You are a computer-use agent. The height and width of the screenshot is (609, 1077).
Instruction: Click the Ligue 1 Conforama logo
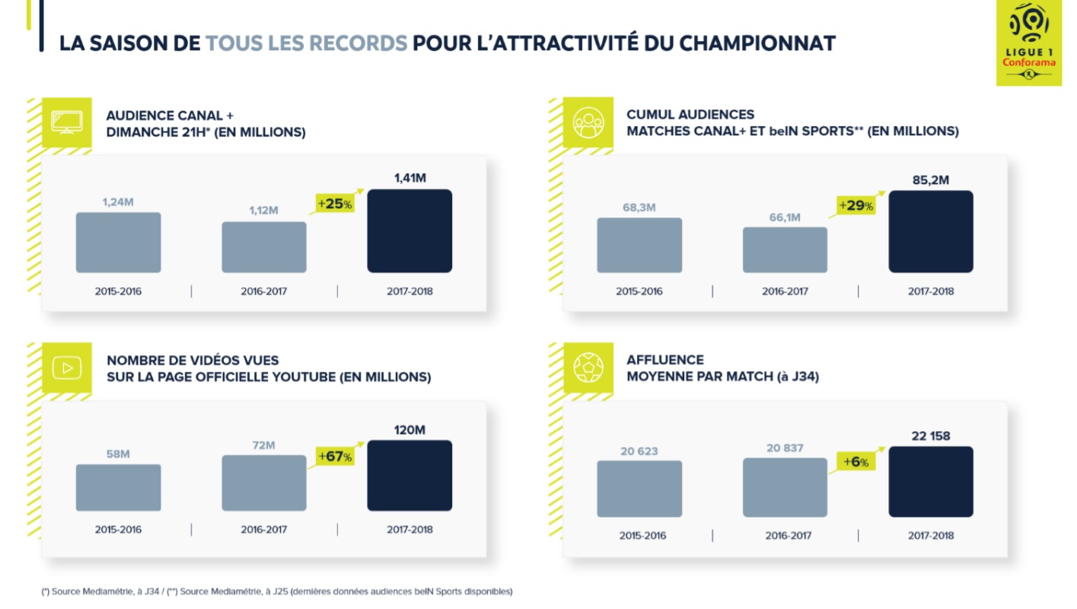coord(1029,43)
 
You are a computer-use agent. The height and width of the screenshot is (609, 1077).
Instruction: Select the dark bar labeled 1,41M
coord(409,231)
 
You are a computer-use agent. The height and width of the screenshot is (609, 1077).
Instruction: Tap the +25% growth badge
coord(336,204)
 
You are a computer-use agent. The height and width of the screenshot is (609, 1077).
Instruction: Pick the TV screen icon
coord(67,122)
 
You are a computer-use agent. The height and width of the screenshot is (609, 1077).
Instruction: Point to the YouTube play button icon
coord(67,368)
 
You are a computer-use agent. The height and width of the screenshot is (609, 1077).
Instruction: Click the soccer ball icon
coord(588,368)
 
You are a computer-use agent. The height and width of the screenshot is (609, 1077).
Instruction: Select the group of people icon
coord(588,122)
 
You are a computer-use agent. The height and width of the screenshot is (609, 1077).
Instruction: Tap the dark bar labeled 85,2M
coord(930,231)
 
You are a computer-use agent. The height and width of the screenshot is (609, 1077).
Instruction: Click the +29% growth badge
coord(856,205)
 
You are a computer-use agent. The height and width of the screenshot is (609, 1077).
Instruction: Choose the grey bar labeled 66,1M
coord(785,249)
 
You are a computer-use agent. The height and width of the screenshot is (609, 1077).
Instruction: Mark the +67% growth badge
coord(336,456)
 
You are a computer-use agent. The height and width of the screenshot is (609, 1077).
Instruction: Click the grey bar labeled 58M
coord(118,487)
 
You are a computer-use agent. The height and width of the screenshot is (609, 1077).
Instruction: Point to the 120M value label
coord(409,430)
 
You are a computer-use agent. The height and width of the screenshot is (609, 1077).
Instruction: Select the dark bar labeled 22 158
coord(930,481)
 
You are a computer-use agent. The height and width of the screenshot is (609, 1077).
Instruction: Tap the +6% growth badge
coord(856,462)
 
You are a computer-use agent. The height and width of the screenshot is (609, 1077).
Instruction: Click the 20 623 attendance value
coord(639,451)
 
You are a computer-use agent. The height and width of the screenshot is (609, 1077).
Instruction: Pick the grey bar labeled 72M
coord(263,483)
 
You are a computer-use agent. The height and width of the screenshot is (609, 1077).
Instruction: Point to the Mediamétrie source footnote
coord(277,591)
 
